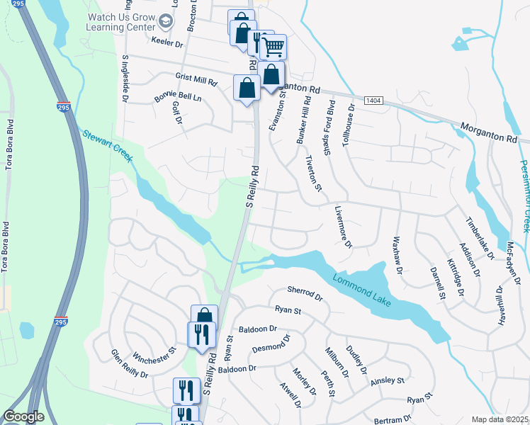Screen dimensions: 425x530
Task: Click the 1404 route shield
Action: tap(374, 102)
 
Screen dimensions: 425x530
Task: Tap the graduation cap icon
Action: tap(167, 22)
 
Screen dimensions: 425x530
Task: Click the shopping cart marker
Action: tap(273, 47)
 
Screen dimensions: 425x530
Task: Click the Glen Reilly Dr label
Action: tap(129, 364)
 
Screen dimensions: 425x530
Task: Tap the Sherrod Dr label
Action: tap(305, 293)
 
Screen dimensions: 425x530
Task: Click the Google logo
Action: tap(24, 416)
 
